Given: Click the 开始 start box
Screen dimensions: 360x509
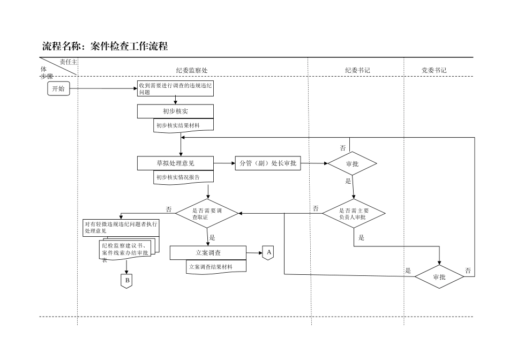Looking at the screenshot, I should (58, 88).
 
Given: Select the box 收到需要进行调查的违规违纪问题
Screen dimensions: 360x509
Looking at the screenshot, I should (175, 88).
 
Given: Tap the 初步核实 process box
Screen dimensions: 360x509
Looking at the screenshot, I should (175, 111).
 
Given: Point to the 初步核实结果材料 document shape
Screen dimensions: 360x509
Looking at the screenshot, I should (183, 125).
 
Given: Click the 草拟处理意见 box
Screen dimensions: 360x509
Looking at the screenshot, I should (175, 163).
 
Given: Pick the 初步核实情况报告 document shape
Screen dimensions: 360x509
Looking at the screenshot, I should (183, 177).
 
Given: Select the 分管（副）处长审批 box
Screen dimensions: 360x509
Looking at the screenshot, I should (267, 163).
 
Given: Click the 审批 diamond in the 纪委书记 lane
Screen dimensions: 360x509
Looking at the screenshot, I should (352, 163).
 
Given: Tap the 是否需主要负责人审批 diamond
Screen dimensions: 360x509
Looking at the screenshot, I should (353, 214).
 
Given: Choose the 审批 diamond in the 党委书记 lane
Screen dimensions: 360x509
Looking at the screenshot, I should (439, 276).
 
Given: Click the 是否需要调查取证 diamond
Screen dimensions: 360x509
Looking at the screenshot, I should (207, 214).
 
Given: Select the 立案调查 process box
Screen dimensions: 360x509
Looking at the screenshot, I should (208, 252).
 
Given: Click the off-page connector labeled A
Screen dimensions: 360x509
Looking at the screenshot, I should (268, 252).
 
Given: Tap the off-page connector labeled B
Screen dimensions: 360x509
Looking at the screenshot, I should (126, 280).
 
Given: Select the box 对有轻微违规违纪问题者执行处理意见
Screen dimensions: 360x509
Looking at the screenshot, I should (121, 228).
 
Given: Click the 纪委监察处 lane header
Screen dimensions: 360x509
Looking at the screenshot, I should (191, 70).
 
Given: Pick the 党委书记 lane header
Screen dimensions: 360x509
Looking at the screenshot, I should (433, 70).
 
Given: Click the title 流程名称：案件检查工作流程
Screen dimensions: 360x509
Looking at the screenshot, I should (105, 47).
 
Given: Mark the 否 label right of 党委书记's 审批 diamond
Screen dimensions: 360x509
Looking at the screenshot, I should (468, 271).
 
